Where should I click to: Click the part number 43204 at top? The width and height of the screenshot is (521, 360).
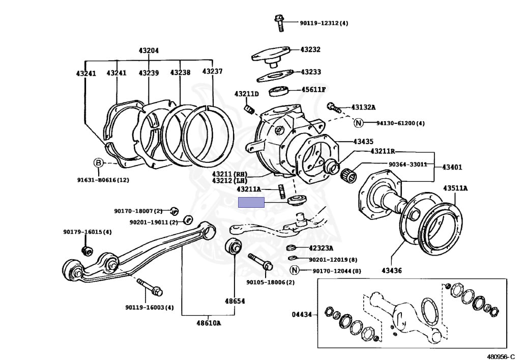(x=149, y=50)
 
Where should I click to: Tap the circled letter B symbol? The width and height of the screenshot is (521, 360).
(x=98, y=163)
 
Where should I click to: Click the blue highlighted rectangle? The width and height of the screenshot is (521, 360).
(x=252, y=203)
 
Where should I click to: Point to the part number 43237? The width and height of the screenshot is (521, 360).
(x=212, y=71)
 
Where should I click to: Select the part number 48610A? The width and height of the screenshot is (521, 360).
(x=208, y=323)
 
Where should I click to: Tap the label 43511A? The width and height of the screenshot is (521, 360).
(x=455, y=188)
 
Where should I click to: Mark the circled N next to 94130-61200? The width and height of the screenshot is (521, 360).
(x=358, y=123)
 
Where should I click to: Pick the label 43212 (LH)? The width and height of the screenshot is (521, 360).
(x=229, y=180)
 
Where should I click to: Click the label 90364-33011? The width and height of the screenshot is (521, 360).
(x=408, y=164)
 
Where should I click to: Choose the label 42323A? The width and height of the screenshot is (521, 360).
(x=321, y=248)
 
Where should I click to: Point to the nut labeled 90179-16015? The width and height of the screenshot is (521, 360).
(x=86, y=251)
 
